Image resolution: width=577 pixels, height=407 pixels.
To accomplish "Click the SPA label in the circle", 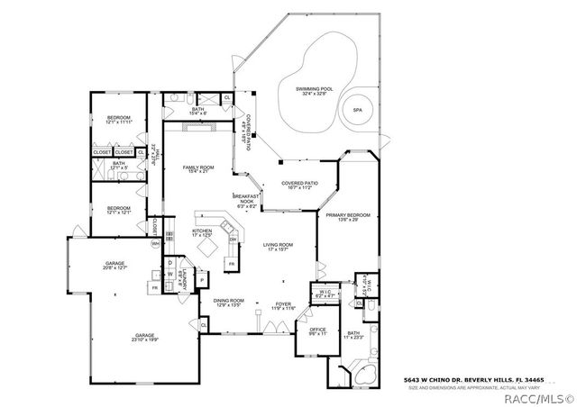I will coord(357,109).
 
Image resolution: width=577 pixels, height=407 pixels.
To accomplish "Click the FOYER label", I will coord(282,305).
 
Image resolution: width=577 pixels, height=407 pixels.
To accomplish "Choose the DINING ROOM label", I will coord(229,303).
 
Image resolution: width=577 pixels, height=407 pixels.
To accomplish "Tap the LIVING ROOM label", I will coord(278,247).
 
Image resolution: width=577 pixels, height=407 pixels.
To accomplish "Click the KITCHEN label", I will coord(202,233).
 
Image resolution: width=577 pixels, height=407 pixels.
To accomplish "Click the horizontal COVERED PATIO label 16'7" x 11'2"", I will coord(303,185).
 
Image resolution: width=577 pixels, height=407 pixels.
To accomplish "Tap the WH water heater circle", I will coord(155,243).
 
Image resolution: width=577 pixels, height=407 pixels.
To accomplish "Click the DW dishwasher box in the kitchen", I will coord(233,239).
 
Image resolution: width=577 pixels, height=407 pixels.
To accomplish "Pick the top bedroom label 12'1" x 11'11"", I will coord(119,121).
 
